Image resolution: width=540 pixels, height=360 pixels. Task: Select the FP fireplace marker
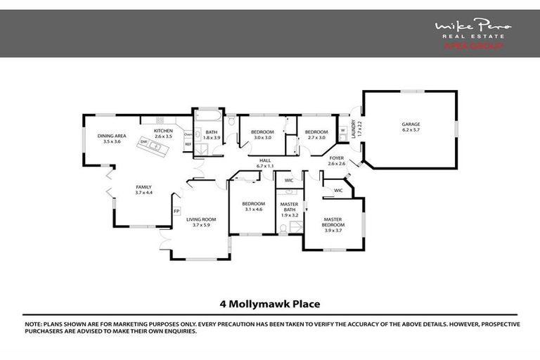[176, 210]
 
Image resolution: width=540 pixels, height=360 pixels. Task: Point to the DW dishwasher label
[143, 141]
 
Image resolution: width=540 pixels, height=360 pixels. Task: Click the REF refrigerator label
[188, 144]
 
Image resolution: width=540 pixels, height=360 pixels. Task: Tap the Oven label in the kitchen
[188, 134]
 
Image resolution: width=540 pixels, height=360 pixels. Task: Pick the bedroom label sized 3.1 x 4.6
[252, 206]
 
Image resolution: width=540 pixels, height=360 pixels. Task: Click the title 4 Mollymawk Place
[270, 304]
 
